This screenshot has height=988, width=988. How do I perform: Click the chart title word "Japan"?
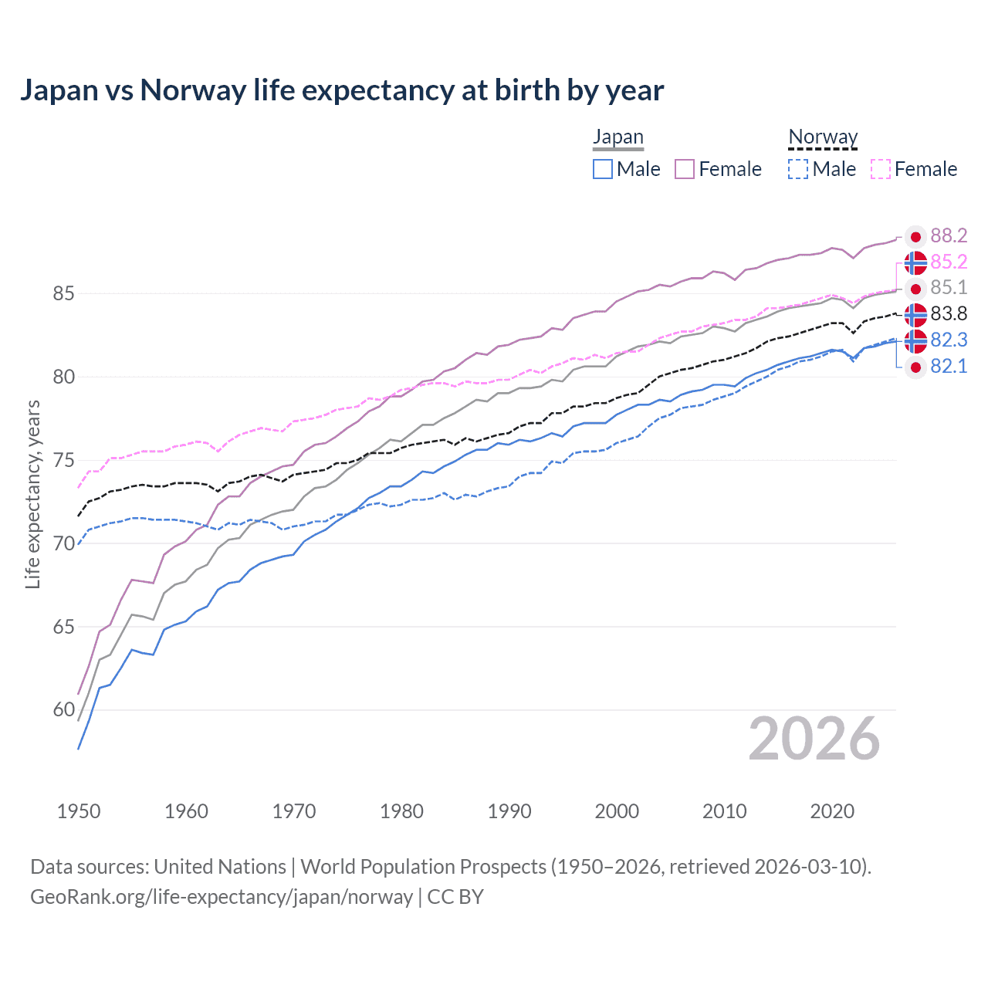59,90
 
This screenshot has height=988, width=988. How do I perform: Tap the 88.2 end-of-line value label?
949,236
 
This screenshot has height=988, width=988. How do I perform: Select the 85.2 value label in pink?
949,262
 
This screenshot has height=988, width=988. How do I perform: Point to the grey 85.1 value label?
949,288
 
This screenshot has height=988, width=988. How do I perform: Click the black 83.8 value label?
949,314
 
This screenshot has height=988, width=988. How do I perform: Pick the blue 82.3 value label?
949,340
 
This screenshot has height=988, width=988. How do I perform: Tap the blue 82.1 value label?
949,367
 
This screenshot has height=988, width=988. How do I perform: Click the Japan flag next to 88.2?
915,237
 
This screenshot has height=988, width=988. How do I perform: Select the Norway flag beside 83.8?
915,315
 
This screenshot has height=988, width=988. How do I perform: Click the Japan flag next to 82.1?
915,367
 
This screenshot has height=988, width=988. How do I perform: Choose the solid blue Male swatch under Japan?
603,169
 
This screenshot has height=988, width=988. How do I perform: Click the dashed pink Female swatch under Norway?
881,169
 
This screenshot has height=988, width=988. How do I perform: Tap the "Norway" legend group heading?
823,137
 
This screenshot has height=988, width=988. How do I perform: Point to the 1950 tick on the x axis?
79,811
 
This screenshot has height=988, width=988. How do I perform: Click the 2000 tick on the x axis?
617,811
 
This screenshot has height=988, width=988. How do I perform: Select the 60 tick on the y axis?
63,710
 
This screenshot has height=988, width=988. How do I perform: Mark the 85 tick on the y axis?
63,294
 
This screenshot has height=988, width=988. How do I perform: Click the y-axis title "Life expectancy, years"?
32,494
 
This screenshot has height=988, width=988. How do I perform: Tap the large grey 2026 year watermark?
814,739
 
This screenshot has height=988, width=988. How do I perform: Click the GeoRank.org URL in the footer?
222,897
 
